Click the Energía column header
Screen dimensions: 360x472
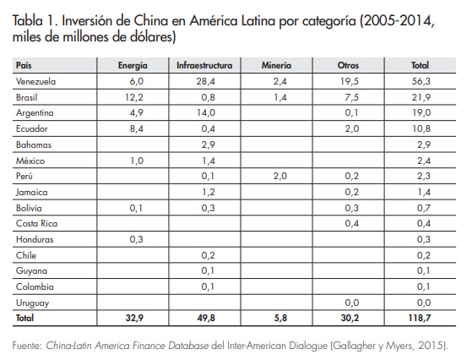click(133, 64)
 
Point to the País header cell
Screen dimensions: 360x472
click(24, 64)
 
